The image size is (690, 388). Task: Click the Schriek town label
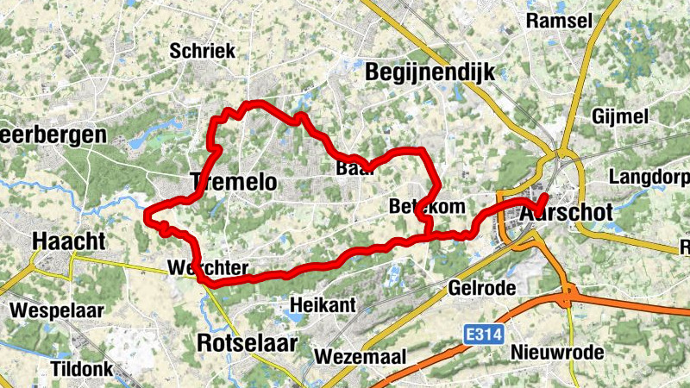coord(203,51)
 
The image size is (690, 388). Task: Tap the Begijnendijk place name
coord(430,72)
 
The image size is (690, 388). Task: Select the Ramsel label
coord(559,20)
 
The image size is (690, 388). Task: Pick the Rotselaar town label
coord(248,342)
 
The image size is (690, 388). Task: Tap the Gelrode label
coord(481,286)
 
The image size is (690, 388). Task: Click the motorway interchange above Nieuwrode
coord(569,296)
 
